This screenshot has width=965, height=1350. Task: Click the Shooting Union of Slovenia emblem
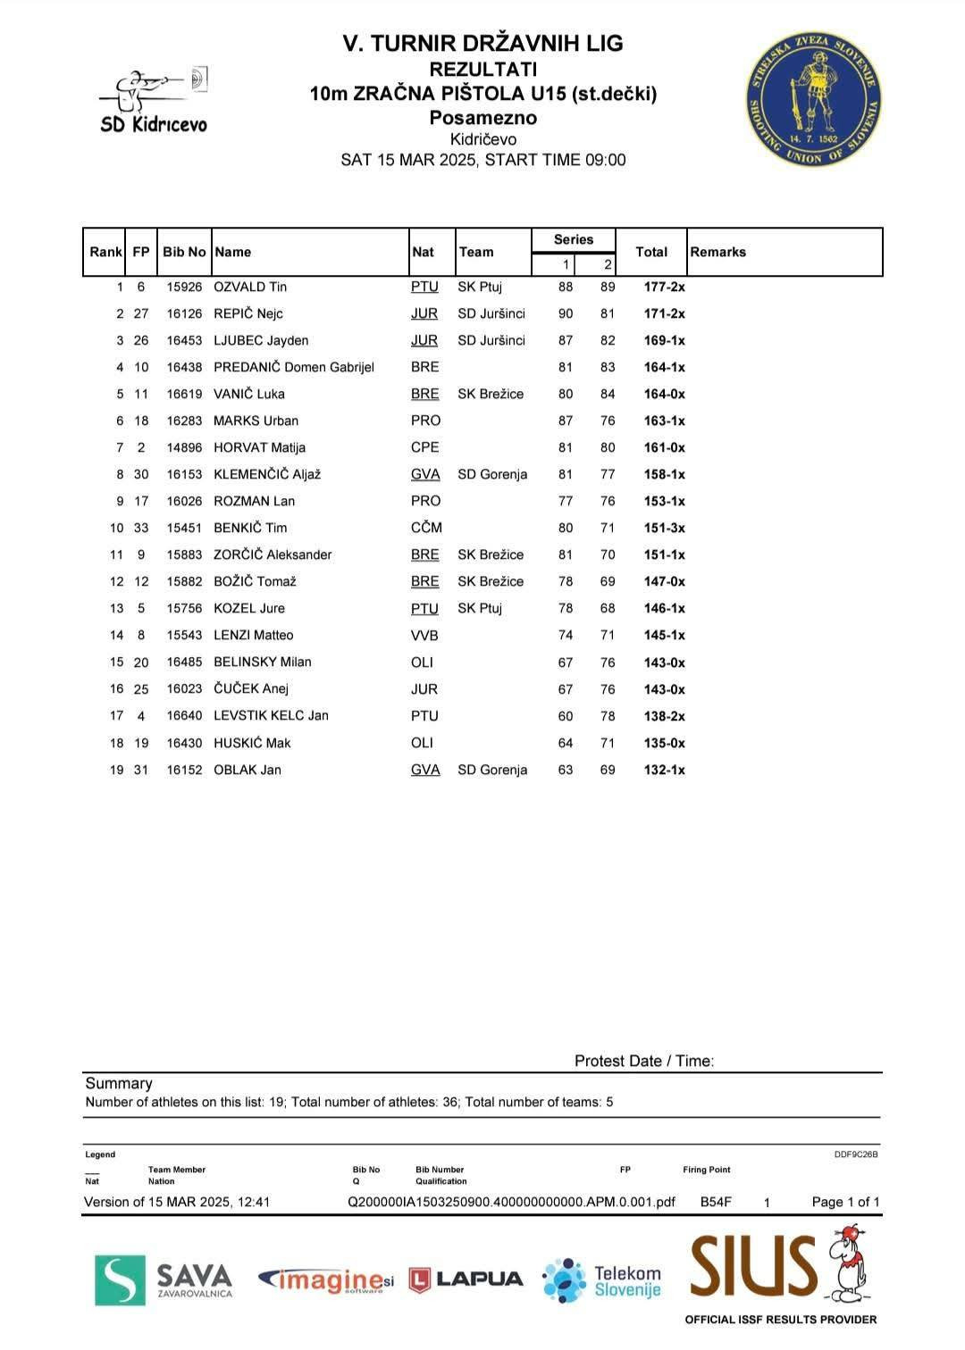(813, 99)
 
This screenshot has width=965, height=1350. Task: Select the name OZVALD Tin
(250, 287)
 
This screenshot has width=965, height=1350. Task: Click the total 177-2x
(664, 287)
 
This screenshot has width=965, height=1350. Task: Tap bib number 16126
(184, 313)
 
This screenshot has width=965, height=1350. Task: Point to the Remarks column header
(717, 252)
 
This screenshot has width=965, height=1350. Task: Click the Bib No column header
(184, 252)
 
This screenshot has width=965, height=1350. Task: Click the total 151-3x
(664, 528)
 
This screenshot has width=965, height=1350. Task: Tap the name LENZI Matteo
(253, 635)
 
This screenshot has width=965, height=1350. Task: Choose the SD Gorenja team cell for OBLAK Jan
(492, 770)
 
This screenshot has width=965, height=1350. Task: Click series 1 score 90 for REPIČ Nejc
(566, 313)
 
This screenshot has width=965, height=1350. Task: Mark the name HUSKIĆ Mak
(252, 743)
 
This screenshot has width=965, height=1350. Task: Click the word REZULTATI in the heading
(482, 69)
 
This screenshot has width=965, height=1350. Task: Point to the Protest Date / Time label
(643, 1061)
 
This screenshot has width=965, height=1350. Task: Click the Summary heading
(119, 1083)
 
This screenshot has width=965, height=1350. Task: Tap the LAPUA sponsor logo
(466, 1279)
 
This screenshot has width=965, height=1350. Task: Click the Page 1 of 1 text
(845, 1202)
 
